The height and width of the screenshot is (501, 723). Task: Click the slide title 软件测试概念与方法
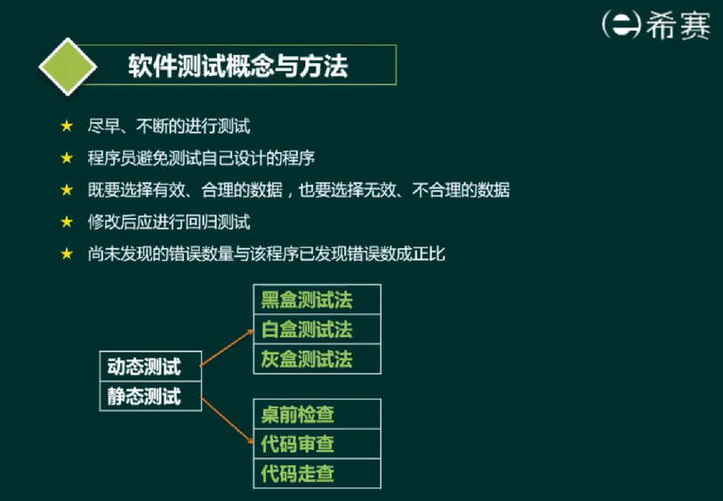click(238, 66)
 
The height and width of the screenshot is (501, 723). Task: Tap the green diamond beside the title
click(68, 67)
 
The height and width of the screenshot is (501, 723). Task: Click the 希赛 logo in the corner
click(656, 25)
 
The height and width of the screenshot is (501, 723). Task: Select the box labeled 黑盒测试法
click(317, 299)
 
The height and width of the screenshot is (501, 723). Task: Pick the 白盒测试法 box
click(317, 329)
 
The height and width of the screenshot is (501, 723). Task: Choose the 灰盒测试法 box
click(317, 359)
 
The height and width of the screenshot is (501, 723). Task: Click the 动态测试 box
click(151, 367)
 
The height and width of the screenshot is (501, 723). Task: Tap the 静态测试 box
click(151, 396)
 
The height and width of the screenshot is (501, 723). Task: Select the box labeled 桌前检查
click(317, 414)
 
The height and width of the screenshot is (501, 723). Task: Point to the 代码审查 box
click(317, 444)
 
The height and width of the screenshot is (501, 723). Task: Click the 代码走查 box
click(317, 473)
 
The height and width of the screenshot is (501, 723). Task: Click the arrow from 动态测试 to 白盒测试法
click(227, 348)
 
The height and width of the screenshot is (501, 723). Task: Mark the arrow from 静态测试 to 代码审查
click(227, 420)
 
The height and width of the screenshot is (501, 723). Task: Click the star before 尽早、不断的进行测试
click(67, 126)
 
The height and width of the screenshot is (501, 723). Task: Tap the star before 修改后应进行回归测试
click(67, 222)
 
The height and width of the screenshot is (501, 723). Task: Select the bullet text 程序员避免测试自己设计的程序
click(201, 158)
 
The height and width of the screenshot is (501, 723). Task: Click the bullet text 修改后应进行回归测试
click(169, 222)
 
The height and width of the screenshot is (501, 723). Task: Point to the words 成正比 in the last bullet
click(421, 254)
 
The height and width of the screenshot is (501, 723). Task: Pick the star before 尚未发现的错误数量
click(67, 254)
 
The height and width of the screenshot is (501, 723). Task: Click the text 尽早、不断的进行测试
click(169, 126)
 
